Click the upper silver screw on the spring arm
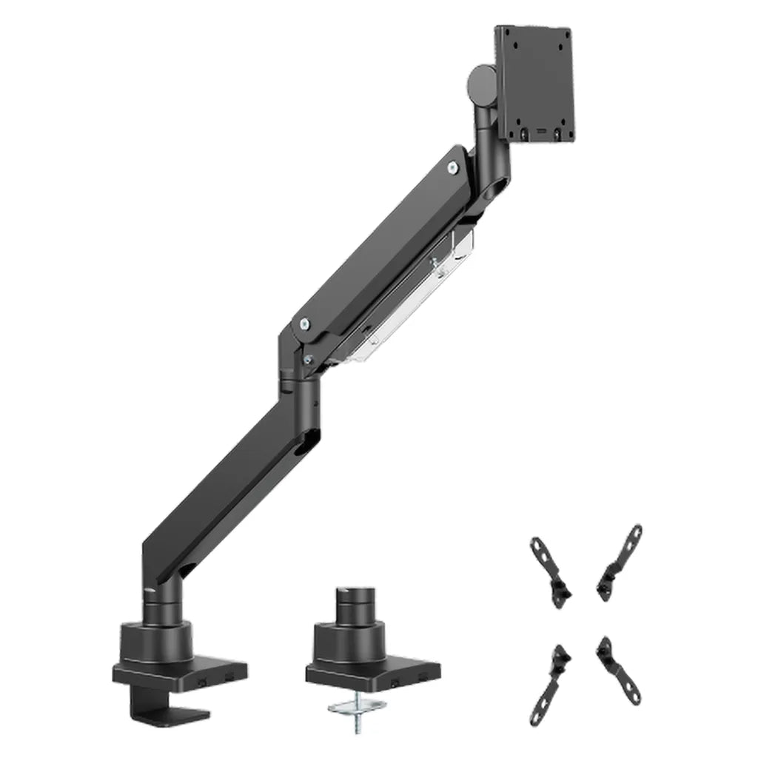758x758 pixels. pos(451,168)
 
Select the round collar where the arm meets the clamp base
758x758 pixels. pos(164,614)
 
